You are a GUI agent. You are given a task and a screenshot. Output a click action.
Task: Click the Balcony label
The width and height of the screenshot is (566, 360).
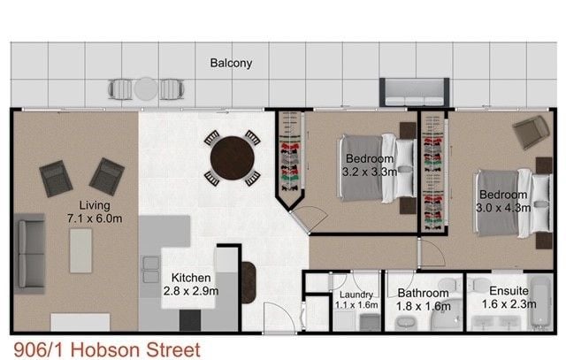point(231,63)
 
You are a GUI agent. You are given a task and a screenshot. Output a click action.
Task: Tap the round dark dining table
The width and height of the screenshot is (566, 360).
point(232,158)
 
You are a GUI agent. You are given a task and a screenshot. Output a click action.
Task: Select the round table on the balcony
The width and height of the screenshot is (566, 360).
point(146,88)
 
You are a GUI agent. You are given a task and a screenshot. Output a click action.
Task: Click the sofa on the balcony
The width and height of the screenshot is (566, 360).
point(414,92)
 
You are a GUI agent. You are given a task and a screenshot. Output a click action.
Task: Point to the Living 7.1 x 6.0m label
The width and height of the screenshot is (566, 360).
point(95,212)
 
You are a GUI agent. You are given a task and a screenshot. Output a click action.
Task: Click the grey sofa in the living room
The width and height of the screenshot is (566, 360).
point(30,254)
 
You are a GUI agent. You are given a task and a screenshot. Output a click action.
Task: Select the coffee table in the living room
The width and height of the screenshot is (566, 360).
point(80,250)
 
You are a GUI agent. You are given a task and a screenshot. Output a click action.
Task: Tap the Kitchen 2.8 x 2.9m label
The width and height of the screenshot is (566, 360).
point(191,284)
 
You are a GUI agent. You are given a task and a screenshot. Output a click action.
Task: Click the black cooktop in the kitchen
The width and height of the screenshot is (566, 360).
point(190,320)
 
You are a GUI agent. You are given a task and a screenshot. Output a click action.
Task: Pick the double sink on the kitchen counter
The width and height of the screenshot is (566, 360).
point(151,270)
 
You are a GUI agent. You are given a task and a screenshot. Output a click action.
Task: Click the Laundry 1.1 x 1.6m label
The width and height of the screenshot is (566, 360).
point(356,300)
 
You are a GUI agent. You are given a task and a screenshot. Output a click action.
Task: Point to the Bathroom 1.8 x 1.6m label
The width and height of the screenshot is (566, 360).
point(424,300)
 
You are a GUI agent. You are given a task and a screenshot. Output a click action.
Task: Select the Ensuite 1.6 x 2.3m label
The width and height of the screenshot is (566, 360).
point(509,297)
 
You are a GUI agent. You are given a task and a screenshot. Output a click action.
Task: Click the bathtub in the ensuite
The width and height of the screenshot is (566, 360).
point(541,303)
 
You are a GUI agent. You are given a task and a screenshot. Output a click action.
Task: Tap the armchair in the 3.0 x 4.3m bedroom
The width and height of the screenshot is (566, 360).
point(531,132)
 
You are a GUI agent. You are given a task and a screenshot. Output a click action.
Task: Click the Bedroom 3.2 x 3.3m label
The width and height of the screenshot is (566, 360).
point(370,165)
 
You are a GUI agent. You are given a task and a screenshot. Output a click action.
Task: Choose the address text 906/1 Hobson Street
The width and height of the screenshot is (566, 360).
point(107,350)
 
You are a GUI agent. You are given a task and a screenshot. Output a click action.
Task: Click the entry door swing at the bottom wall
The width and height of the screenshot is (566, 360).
point(280,318)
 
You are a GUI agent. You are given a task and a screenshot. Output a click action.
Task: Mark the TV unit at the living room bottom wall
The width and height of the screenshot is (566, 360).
point(80,322)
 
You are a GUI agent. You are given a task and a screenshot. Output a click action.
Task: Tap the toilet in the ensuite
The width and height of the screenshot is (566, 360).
point(480,285)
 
